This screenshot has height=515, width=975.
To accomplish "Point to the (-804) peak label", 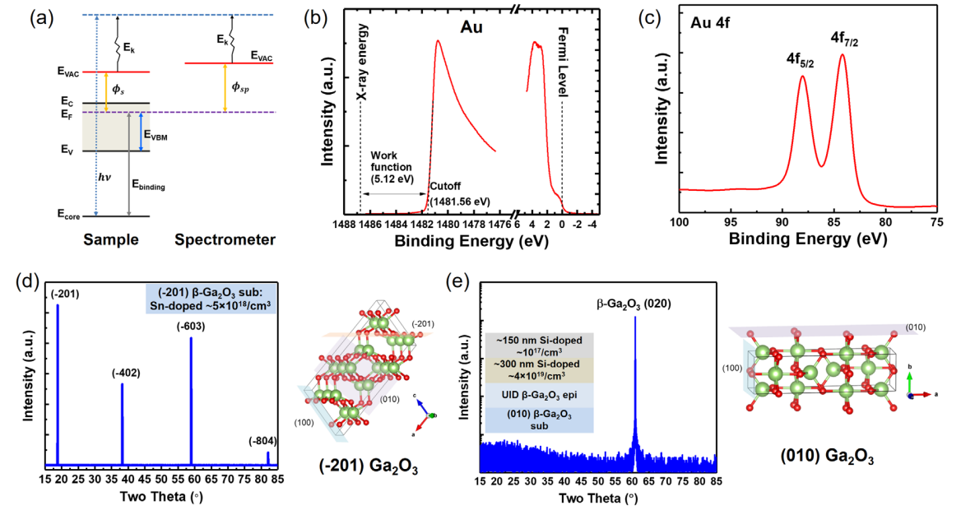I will [264, 441].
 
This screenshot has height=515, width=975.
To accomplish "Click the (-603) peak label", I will [191, 303].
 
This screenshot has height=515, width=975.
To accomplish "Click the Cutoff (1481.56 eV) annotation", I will [459, 194].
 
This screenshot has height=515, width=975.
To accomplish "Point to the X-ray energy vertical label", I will [361, 72].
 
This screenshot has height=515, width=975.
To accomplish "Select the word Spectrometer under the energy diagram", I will [225, 240].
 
